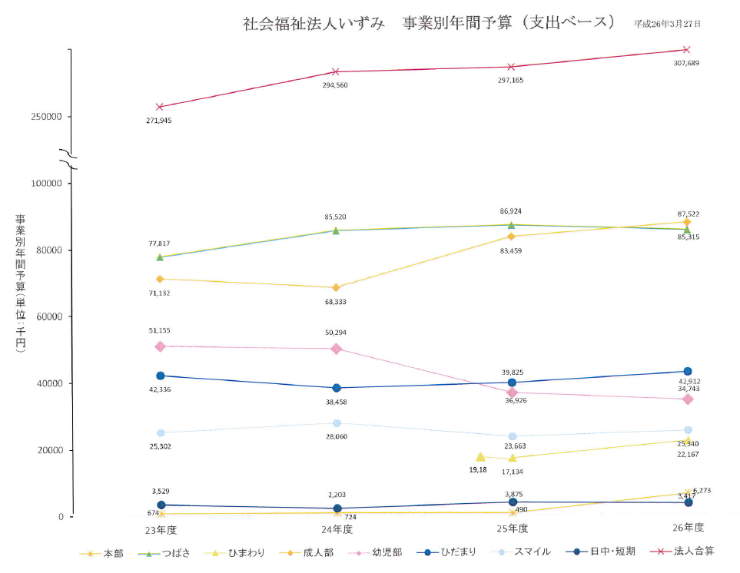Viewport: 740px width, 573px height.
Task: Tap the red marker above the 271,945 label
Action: tap(159, 107)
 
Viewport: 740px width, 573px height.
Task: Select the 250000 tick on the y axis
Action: tap(47, 117)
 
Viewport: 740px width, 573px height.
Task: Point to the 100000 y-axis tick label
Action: tap(47, 184)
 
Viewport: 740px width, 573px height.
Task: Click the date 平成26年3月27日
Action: tap(667, 24)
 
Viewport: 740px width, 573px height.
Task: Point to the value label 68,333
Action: tap(335, 302)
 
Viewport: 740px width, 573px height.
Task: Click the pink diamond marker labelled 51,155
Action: tap(160, 346)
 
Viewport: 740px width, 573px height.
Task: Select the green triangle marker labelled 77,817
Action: tap(160, 257)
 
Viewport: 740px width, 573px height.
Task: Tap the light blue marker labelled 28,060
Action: tap(337, 423)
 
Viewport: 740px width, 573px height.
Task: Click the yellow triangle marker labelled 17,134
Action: tap(513, 459)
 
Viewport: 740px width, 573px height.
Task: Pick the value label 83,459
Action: tap(511, 250)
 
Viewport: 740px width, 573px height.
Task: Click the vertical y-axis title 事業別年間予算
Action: tap(20, 284)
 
